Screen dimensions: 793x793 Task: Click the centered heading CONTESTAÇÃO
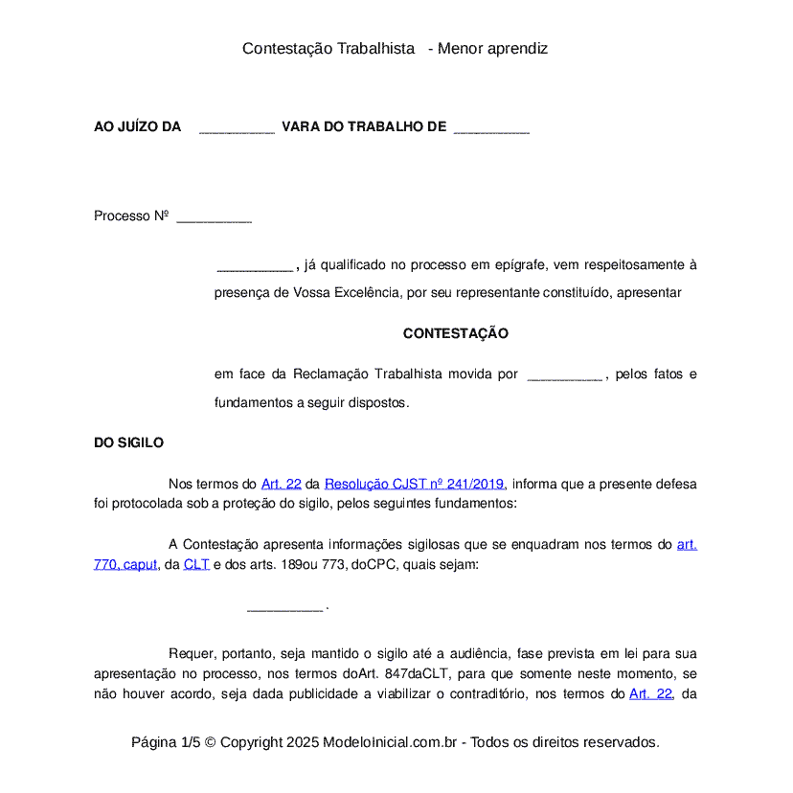[455, 334]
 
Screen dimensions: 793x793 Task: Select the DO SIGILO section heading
[128, 442]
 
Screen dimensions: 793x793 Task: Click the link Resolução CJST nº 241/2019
[414, 484]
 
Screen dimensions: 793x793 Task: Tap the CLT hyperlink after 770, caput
[196, 564]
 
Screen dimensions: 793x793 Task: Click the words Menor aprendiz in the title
[492, 48]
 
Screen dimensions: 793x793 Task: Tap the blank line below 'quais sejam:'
[284, 607]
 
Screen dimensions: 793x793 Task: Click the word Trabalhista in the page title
[375, 48]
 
